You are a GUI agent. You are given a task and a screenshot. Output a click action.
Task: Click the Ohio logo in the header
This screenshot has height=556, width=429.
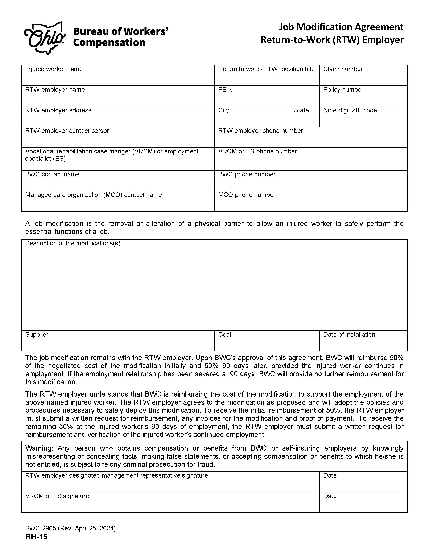(45, 38)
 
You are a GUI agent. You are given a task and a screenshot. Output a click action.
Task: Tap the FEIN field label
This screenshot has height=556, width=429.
(225, 90)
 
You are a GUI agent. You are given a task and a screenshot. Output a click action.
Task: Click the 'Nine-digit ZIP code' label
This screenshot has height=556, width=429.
(350, 110)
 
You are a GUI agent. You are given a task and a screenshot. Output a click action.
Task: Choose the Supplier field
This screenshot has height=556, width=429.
(118, 344)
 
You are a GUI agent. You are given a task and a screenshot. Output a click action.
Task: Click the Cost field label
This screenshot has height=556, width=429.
(225, 335)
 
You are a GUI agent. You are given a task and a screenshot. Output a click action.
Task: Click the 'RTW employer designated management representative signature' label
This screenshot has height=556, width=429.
(116, 476)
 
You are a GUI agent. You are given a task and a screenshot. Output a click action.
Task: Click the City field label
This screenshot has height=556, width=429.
(224, 110)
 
